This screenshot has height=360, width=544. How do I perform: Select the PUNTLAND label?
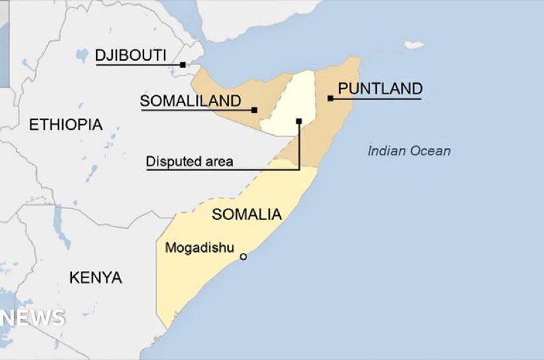click(380, 89)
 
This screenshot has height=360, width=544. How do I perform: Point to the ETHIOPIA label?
click(65, 125)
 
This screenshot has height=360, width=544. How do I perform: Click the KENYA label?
click(95, 278)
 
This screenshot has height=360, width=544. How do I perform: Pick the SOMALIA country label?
click(247, 214)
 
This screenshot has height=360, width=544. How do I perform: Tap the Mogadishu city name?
click(199, 248)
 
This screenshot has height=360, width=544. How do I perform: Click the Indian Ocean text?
click(408, 151)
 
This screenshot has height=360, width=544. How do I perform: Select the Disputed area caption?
click(189, 162)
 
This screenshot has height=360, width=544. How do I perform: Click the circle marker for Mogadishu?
click(243, 257)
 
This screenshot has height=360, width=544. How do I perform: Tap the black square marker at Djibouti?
click(183, 65)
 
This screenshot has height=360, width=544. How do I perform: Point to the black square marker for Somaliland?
click(254, 110)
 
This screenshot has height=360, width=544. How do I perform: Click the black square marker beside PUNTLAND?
click(330, 99)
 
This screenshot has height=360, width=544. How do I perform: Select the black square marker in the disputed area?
click(299, 121)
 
